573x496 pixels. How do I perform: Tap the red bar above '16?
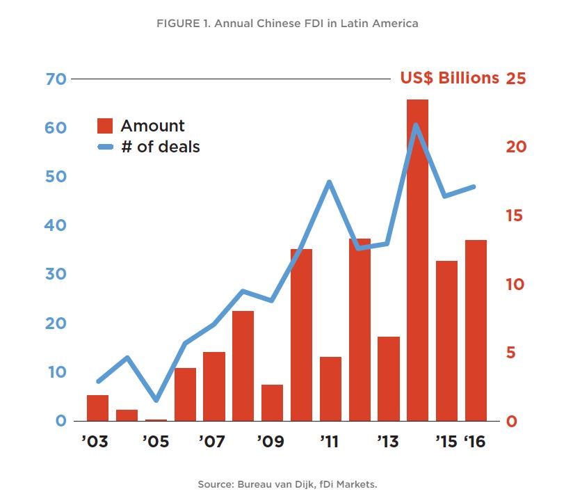pyautogui.click(x=476, y=331)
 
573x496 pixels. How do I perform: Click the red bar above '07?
pyautogui.click(x=214, y=387)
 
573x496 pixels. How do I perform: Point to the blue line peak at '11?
pyautogui.click(x=330, y=182)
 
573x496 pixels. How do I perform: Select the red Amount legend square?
pyautogui.click(x=105, y=126)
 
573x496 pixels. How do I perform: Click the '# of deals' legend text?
pyautogui.click(x=160, y=147)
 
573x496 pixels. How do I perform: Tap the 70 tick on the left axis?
pyautogui.click(x=56, y=79)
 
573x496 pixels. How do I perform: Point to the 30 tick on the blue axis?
pyautogui.click(x=56, y=274)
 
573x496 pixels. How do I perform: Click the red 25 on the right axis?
pyautogui.click(x=515, y=78)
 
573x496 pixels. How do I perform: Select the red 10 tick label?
pyautogui.click(x=515, y=285)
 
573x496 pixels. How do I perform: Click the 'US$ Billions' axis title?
pyautogui.click(x=449, y=78)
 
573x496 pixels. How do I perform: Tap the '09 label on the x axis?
pyautogui.click(x=271, y=442)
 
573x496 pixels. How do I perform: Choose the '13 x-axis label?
pyautogui.click(x=387, y=442)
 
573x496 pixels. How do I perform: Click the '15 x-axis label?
pyautogui.click(x=446, y=442)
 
